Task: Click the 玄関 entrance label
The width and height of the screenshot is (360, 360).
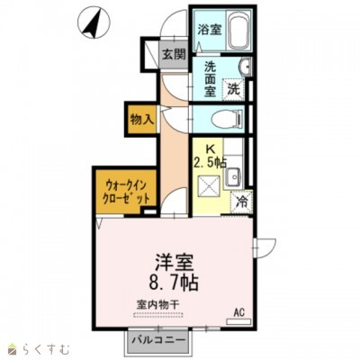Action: [x=173, y=54]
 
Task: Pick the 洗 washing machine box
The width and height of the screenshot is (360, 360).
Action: [x=234, y=88]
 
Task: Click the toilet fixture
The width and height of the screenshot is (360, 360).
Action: [x=229, y=117]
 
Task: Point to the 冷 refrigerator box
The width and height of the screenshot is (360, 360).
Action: [x=243, y=202]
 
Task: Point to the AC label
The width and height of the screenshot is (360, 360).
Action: [x=239, y=312]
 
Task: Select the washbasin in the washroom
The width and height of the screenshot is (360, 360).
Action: [x=244, y=70]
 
